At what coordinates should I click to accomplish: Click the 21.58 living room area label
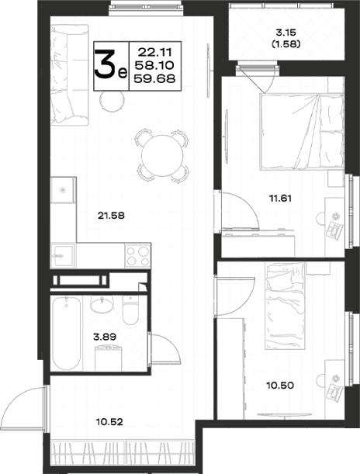coord(111,216)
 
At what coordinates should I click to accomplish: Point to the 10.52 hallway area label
coord(109,422)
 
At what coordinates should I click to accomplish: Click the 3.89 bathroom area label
coord(105,337)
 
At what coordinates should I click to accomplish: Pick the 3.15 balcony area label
coord(286,32)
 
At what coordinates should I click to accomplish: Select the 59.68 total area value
coord(154,78)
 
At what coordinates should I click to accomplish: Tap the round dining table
coord(162,155)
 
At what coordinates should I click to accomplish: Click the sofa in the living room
coord(70,75)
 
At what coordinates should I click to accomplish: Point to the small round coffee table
coord(112,101)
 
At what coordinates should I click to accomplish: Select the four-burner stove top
coord(138,256)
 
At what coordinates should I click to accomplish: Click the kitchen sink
coord(63,256)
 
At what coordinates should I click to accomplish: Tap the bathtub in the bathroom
coord(67,333)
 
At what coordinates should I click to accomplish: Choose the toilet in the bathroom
coord(130,310)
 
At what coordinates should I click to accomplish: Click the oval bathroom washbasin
coord(102,305)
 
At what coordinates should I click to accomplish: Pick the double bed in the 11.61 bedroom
coord(302,132)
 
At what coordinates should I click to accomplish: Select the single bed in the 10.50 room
coord(286,306)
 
